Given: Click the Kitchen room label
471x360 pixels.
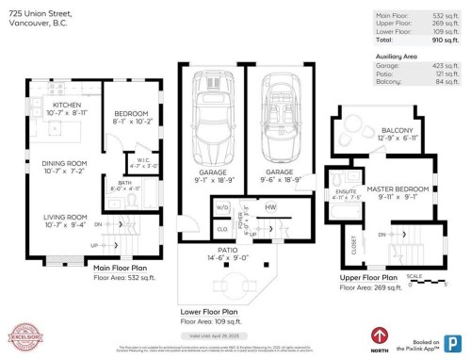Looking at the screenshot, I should (66, 105).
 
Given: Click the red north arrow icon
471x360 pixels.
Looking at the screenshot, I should (380, 334).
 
